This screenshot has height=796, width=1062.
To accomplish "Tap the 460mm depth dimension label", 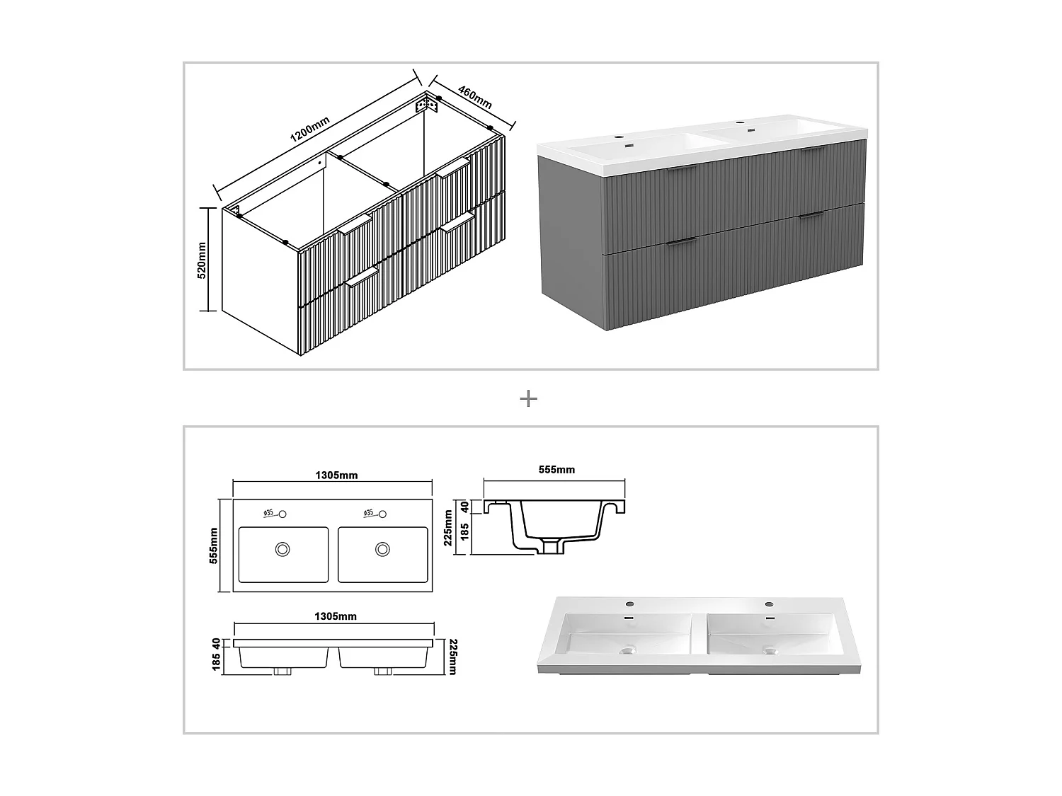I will (474, 97).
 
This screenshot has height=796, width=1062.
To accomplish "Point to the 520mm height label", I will (201, 260).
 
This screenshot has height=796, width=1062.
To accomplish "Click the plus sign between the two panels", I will (528, 399).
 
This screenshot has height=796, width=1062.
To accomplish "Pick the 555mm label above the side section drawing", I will (556, 470).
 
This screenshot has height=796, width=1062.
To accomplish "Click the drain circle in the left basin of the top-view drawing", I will (283, 548).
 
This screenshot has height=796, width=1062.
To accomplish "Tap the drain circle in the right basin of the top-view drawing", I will (383, 548).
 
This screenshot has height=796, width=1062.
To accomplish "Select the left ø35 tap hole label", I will (268, 512).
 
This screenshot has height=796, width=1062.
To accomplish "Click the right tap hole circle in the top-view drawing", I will (382, 514).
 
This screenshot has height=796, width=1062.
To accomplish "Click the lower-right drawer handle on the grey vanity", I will (810, 215).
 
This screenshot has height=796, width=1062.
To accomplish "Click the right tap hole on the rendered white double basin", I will (768, 604).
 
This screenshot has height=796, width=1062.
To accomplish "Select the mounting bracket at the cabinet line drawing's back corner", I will (426, 105).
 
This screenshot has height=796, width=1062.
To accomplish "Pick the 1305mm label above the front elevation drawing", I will (336, 616).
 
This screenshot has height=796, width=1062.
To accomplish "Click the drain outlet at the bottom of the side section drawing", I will (550, 548).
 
